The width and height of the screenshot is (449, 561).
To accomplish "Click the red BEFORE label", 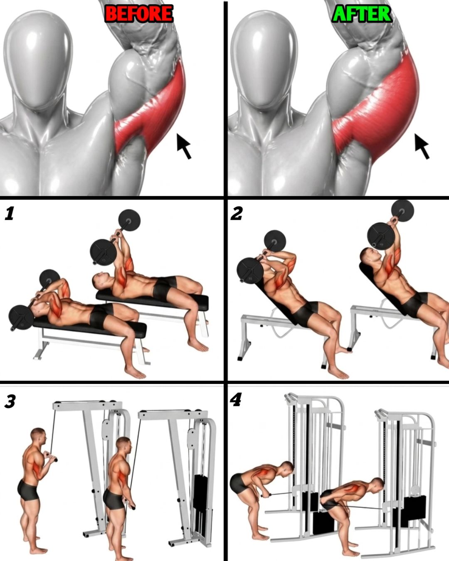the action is click(x=139, y=13).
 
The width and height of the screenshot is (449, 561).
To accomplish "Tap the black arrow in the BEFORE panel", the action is click(x=183, y=145).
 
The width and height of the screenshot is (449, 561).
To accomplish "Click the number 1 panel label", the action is click(x=10, y=213).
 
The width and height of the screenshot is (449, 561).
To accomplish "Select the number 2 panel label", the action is click(x=237, y=213).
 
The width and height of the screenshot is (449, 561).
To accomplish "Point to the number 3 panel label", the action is click(x=10, y=401).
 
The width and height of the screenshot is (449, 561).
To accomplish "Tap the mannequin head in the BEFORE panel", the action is click(x=38, y=59).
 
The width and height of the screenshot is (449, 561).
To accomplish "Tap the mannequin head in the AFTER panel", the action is click(x=264, y=59).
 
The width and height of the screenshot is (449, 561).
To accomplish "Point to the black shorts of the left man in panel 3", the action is click(x=28, y=495).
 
